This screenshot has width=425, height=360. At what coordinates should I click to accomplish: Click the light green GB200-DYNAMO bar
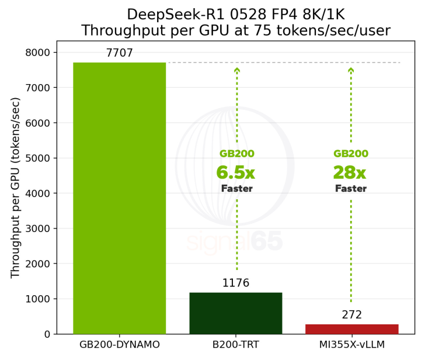pos(119,199)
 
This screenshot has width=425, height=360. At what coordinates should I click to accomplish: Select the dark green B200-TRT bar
pos(236,313)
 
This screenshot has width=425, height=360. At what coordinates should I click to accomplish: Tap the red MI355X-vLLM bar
pos(351,329)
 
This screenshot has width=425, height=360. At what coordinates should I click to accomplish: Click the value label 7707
pos(119,53)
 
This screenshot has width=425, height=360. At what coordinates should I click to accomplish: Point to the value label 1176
pos(236,283)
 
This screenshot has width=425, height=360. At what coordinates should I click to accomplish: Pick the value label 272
pos(351,315)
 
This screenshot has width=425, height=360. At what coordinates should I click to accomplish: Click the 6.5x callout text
pos(236,172)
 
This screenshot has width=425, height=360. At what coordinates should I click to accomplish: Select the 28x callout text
pos(350,172)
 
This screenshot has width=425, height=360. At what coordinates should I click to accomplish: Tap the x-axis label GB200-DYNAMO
pos(119,345)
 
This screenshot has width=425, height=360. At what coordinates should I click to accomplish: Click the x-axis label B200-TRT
pos(236,345)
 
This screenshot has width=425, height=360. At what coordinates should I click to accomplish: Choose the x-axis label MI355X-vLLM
pos(351,345)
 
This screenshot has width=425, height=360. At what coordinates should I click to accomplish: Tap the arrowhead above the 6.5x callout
pos(237,70)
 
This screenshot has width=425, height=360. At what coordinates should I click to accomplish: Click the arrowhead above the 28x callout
pos(351,70)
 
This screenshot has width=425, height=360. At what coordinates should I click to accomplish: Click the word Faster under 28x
pos(350,189)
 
